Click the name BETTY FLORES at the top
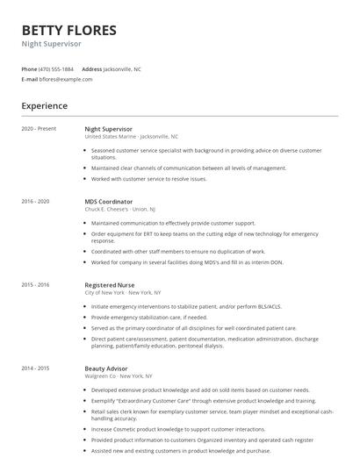[68, 31]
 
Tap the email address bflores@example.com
[66, 79]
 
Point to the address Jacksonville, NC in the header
[122, 68]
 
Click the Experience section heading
[45, 106]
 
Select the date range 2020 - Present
[39, 128]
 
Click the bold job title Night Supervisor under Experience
[108, 128]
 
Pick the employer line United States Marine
[131, 137]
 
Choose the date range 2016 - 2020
[36, 201]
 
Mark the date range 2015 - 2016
[36, 284]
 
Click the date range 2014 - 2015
[36, 368]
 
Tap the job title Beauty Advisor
[105, 368]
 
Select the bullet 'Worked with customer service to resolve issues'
[148, 178]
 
